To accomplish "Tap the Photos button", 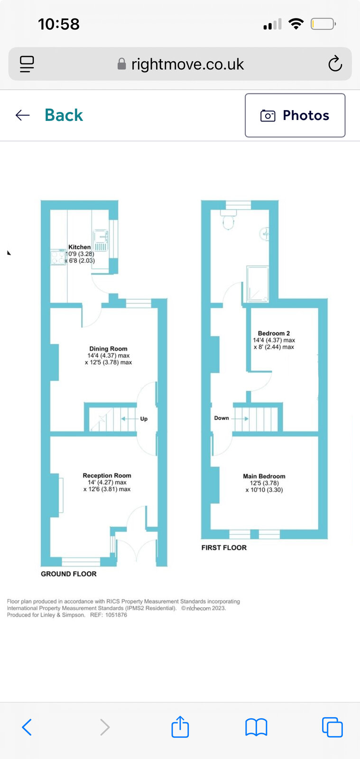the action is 295,115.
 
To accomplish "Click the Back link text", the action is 64,115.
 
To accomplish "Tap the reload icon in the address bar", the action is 335,64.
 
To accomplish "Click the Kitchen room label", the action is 80,247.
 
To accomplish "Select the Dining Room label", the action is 108,349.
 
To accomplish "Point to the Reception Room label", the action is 107,475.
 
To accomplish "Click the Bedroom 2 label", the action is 274,333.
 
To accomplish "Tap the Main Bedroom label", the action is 264,476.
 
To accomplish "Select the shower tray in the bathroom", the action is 258,284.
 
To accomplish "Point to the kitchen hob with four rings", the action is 58,257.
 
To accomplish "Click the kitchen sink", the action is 101,240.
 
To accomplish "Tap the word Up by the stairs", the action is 144,419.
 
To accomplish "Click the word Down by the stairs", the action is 222,418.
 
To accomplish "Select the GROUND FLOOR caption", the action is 69,574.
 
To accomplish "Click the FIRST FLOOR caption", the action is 224,547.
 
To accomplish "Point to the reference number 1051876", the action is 116,615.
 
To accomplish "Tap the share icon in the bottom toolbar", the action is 180,726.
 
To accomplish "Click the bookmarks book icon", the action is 257,727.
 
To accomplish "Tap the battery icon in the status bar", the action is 323,24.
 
